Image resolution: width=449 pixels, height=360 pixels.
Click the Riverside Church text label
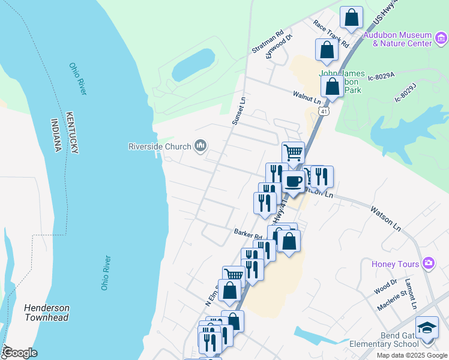[159, 146]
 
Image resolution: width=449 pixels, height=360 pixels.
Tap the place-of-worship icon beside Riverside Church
[200, 146]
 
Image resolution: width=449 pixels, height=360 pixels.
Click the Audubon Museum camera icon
[441, 39]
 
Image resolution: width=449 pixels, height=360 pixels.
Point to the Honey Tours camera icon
[428, 263]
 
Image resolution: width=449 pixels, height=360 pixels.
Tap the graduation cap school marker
[427, 328]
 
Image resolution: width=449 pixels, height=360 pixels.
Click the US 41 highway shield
[324, 111]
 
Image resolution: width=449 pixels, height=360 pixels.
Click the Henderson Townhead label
[46, 313]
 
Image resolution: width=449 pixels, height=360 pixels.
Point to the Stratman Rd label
[267, 43]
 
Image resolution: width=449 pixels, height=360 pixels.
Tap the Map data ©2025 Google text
[411, 355]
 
